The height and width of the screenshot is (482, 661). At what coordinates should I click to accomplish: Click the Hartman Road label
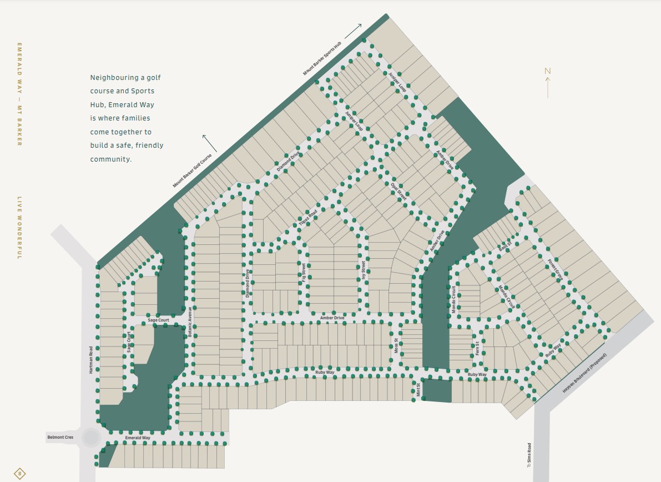[91, 360]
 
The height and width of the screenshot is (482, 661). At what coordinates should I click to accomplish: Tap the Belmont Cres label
[60, 438]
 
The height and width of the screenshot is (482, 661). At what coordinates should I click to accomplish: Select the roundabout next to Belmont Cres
[90, 438]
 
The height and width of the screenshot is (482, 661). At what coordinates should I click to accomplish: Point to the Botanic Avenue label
[190, 323]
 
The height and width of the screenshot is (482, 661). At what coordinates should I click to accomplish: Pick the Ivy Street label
[364, 272]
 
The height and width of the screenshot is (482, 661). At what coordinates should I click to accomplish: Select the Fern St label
[477, 348]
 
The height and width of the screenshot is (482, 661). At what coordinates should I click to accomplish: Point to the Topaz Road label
[308, 218]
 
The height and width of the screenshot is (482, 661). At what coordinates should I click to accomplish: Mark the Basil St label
[505, 247]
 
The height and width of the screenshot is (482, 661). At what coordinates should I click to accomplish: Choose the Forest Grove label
[556, 269]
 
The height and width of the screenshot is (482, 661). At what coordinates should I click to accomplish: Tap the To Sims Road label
[529, 455]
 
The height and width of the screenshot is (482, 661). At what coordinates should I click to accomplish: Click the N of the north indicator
[547, 71]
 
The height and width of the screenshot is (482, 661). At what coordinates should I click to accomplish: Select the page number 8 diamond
[20, 474]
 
